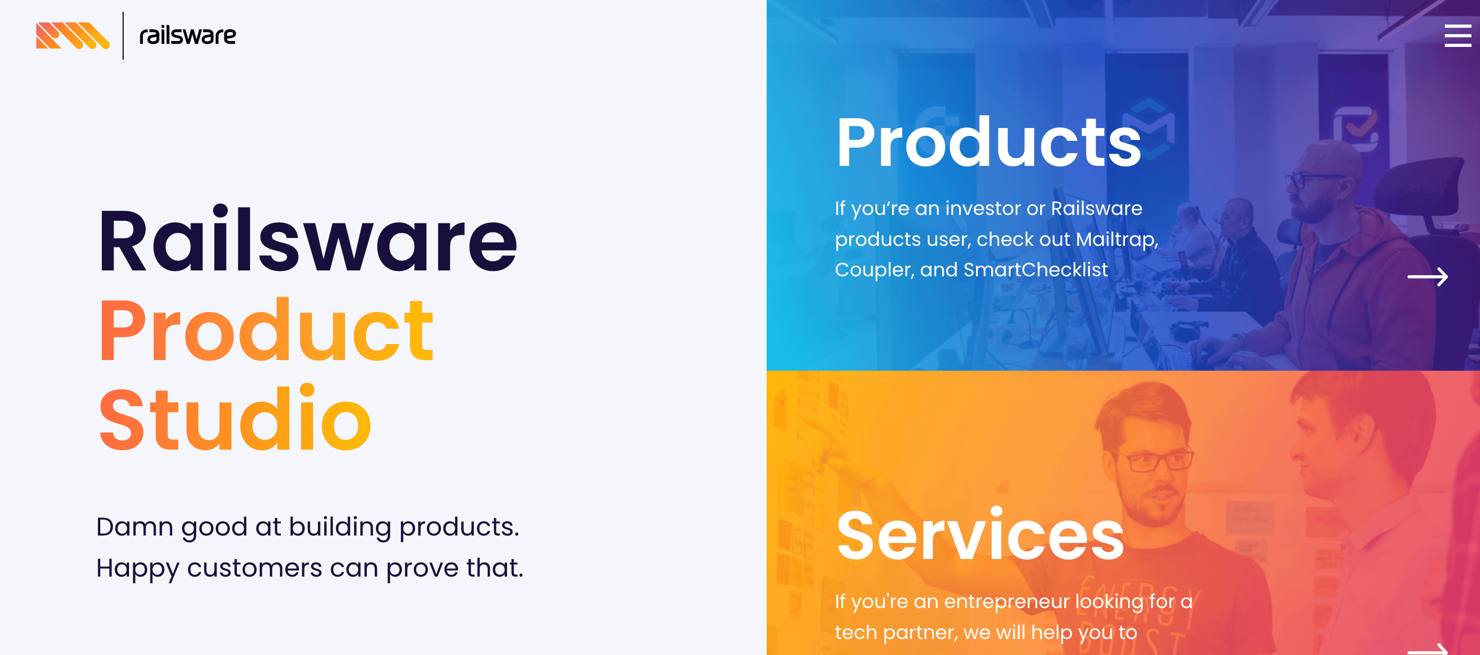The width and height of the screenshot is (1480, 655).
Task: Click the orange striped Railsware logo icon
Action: (73, 36)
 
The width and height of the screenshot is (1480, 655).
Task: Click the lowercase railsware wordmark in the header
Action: (187, 36)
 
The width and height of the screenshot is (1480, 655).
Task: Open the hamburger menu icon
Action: (1458, 36)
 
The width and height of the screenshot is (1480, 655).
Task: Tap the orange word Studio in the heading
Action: (235, 418)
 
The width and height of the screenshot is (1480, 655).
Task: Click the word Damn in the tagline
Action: (134, 527)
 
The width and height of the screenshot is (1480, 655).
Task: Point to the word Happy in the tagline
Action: (138, 569)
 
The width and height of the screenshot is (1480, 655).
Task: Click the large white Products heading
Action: (989, 142)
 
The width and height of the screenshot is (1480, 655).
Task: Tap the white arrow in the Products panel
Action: (1428, 277)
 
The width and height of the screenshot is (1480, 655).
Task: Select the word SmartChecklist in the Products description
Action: (1035, 269)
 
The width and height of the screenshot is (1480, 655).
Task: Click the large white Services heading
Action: (980, 536)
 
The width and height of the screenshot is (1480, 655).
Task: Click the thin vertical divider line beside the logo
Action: (123, 36)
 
